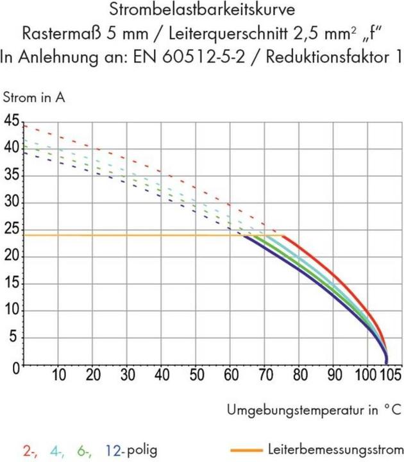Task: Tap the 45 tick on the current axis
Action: click(12, 121)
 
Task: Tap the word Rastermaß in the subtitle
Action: click(54, 33)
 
